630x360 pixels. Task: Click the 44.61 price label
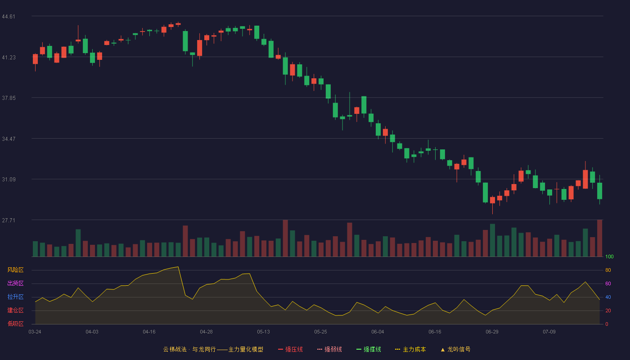[9, 17]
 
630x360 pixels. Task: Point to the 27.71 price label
[9, 220]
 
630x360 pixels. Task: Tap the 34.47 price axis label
[9, 139]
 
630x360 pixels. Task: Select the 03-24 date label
[35, 332]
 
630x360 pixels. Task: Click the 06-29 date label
[492, 332]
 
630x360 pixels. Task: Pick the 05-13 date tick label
[263, 332]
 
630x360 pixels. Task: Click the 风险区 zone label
[15, 270]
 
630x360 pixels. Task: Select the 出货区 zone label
[15, 283]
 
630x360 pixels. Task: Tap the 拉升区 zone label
[15, 297]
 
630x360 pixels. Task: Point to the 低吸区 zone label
[15, 324]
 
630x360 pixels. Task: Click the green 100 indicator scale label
[609, 256]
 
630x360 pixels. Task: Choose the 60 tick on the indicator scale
[608, 283]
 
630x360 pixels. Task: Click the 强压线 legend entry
[290, 350]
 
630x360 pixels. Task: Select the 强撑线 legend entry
[369, 350]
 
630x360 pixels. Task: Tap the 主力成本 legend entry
[410, 350]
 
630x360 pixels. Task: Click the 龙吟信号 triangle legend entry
[455, 350]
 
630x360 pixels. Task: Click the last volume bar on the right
[599, 238]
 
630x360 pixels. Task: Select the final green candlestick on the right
[599, 191]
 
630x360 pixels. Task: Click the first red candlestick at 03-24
[35, 59]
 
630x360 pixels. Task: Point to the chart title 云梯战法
[175, 350]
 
